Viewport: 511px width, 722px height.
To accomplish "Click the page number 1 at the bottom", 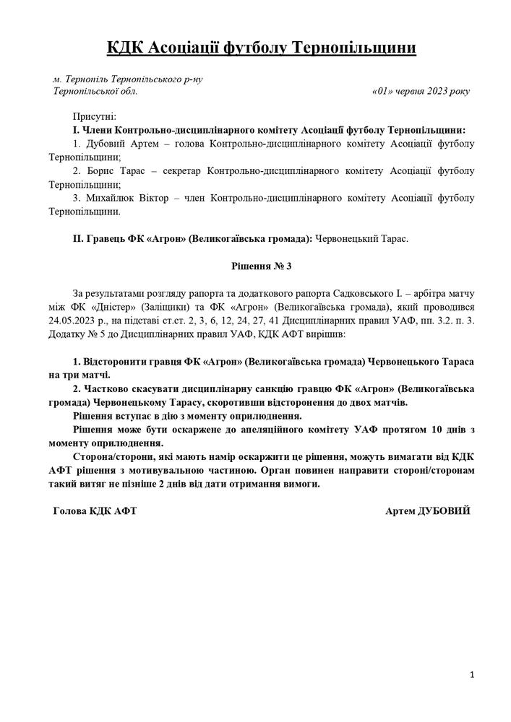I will pyautogui.click(x=471, y=674).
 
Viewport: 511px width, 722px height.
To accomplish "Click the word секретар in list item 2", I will pyautogui.click(x=181, y=171).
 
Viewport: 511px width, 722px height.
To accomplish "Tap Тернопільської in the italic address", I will pyautogui.click(x=86, y=92).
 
